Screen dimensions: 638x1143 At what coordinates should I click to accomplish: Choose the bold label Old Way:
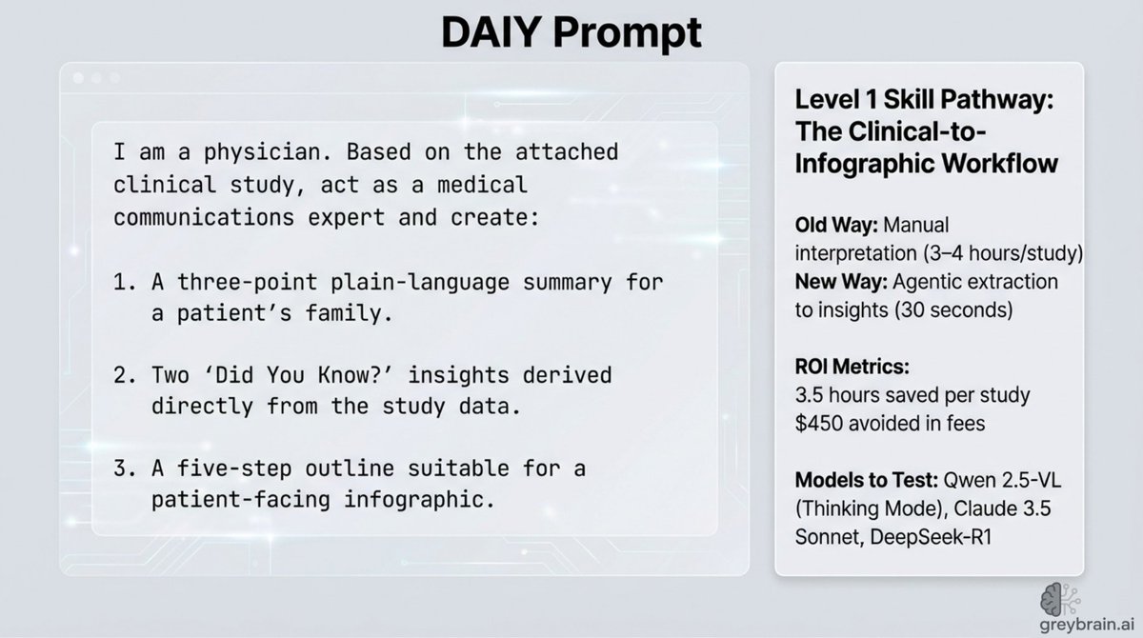[837, 227]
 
